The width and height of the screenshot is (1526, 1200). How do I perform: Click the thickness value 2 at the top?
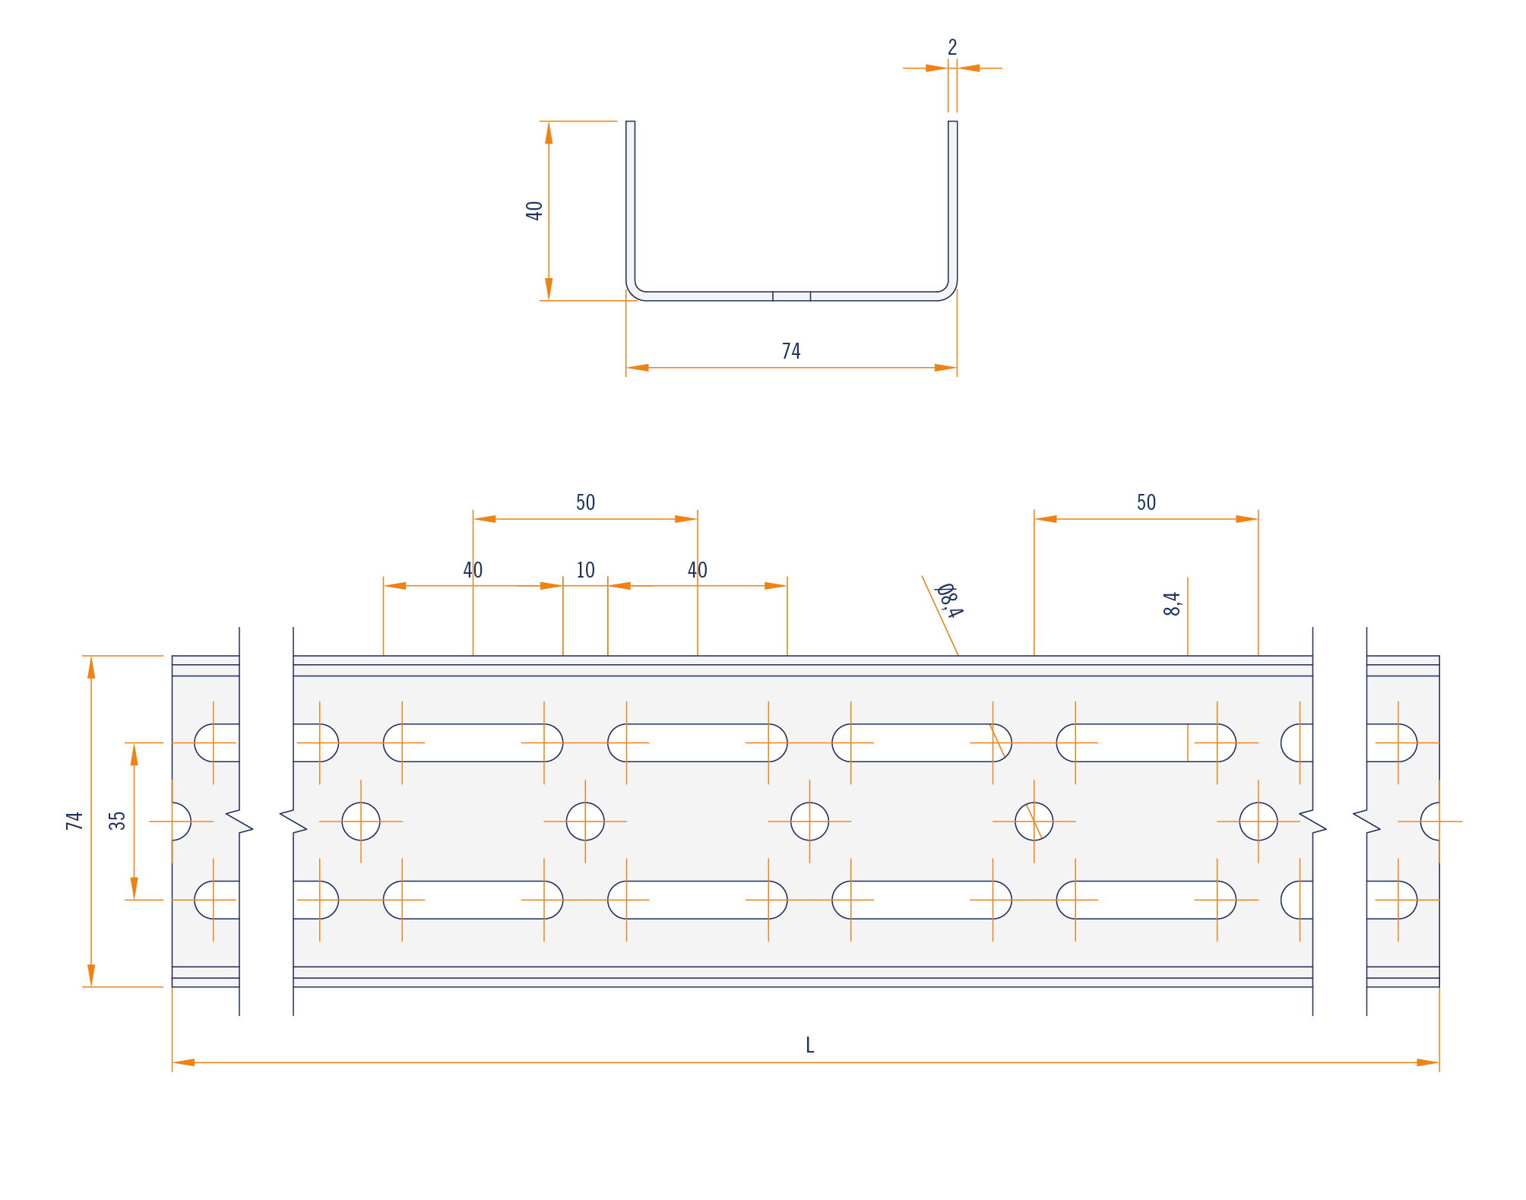[952, 48]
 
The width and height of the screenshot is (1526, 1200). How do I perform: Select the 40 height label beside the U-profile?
[534, 211]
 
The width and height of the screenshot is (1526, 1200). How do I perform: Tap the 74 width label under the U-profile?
[791, 351]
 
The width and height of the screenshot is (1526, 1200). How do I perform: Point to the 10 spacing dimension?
[585, 570]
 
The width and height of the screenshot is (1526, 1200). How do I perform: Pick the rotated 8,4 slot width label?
[1173, 603]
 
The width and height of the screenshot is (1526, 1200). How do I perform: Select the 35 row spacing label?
[117, 821]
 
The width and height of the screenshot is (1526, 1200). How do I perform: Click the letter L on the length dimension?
[810, 1046]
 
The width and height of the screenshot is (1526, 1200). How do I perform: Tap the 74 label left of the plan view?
[74, 821]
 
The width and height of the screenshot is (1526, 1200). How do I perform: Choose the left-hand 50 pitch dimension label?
[585, 502]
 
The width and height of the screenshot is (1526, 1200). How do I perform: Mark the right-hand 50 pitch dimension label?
[1146, 502]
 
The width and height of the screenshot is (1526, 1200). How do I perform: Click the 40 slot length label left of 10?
[473, 570]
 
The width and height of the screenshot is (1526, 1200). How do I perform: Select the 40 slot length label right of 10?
[698, 570]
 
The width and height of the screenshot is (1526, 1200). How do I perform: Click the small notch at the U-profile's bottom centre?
[791, 296]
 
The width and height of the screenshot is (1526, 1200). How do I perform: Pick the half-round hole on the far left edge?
[182, 822]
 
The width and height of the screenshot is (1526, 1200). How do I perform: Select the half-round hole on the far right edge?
[1430, 822]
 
